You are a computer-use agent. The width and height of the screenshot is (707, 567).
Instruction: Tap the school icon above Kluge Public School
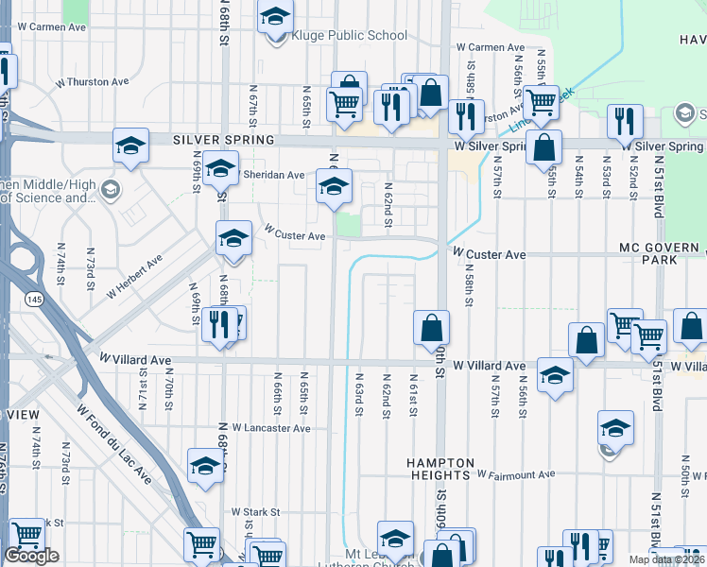click(x=276, y=17)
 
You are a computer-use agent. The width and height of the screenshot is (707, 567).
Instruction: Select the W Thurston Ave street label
click(x=90, y=82)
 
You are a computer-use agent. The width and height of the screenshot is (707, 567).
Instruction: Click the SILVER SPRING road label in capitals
click(x=223, y=140)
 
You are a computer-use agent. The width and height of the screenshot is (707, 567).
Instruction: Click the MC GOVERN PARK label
click(x=662, y=252)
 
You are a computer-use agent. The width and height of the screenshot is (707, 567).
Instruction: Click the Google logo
click(x=32, y=557)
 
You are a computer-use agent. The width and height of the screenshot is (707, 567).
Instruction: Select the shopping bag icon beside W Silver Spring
click(x=544, y=147)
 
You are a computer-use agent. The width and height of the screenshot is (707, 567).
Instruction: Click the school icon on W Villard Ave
click(x=555, y=375)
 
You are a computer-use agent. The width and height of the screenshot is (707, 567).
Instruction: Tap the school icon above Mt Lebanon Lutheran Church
click(x=395, y=538)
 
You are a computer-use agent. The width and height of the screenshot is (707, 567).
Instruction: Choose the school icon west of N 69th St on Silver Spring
click(x=130, y=146)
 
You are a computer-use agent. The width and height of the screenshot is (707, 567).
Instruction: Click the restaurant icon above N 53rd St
click(x=625, y=121)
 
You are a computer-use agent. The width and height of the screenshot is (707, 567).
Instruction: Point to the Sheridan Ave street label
click(x=275, y=175)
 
